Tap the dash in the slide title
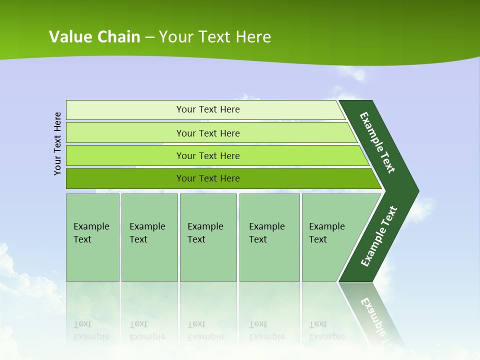pos(149,37)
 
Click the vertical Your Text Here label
pos(57,143)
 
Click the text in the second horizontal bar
pos(208,133)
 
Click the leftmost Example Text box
pos(92,237)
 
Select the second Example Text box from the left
pos(149,237)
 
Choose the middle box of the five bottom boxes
pos(208,237)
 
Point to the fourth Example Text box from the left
pos(269,237)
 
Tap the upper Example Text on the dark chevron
pos(377,142)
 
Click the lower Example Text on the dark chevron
pos(378,236)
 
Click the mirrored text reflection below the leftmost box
pos(91,330)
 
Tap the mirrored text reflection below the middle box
pos(205,330)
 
